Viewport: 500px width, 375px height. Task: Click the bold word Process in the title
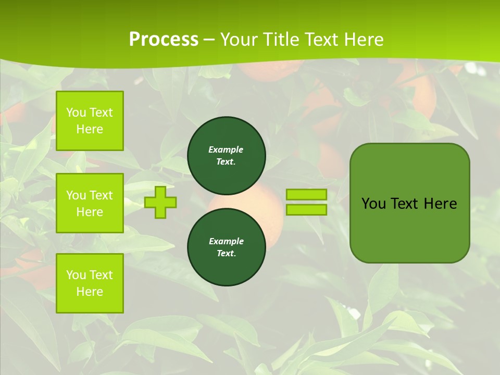tap(164, 39)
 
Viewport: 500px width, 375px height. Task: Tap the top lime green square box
tap(90, 121)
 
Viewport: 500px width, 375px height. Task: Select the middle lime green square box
tap(90, 203)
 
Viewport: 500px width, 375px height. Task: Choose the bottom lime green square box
tap(90, 283)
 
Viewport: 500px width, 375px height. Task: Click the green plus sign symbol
tap(160, 203)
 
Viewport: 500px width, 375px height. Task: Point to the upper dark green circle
tap(227, 156)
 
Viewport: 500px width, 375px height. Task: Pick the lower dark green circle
tap(227, 247)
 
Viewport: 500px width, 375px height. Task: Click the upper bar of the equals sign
tap(306, 195)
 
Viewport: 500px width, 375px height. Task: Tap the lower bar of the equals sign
tap(306, 210)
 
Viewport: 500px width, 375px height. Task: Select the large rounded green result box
tap(409, 229)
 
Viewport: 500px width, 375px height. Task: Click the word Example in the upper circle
tap(226, 149)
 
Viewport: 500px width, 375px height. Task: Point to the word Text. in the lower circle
tap(226, 254)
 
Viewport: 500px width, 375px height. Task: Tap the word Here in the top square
tap(90, 129)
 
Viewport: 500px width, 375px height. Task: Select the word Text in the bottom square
tap(101, 275)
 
